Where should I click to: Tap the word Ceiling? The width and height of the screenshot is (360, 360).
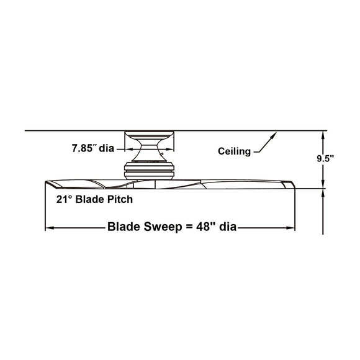[x=234, y=151]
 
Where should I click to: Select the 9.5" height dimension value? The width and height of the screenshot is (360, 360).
[x=324, y=158]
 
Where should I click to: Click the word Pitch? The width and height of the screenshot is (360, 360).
[x=120, y=200]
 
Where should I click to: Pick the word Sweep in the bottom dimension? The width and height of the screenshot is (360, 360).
[x=158, y=227]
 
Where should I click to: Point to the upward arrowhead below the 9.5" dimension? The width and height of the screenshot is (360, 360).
[x=324, y=192]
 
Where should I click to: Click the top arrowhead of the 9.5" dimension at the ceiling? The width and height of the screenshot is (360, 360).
[x=324, y=135]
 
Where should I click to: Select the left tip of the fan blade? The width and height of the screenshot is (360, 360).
[x=46, y=184]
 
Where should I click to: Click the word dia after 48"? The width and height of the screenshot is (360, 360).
[x=227, y=227]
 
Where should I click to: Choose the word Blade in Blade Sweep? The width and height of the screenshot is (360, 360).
[x=124, y=227]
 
